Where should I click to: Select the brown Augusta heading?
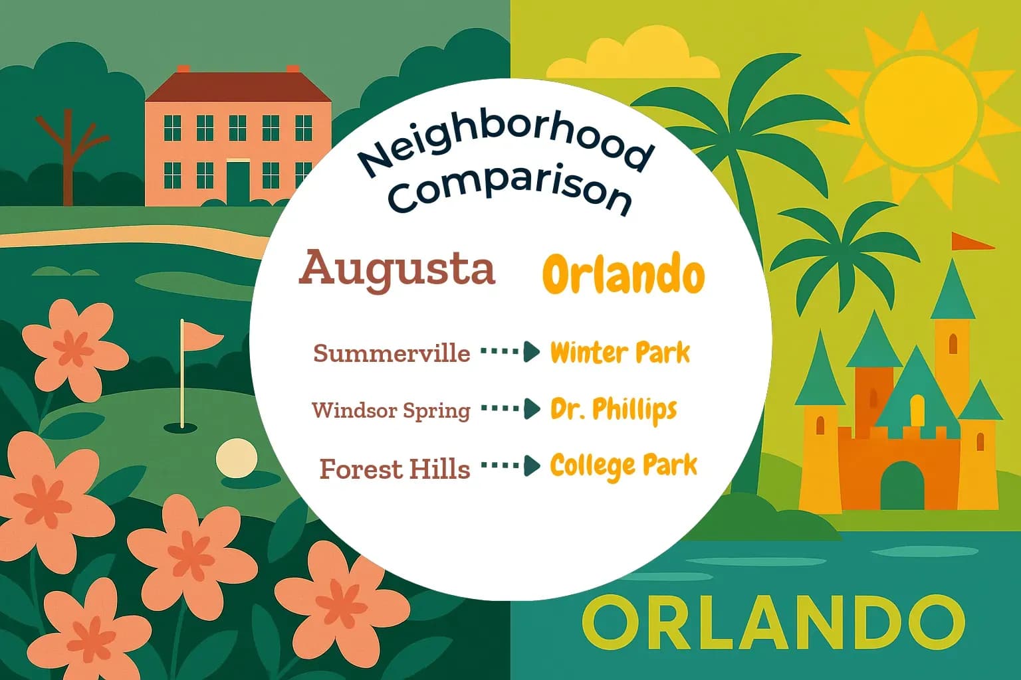tap(397, 269)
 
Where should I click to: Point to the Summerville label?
tap(392, 353)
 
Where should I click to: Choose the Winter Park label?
tap(620, 353)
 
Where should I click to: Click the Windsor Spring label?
tap(391, 410)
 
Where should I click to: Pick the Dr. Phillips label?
tap(613, 410)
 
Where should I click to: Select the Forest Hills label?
tap(395, 469)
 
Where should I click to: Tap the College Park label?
tap(624, 466)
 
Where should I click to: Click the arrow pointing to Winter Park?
tap(510, 352)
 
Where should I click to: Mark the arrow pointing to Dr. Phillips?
tap(510, 409)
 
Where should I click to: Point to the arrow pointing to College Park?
tap(510, 466)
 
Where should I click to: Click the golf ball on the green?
tap(236, 458)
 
